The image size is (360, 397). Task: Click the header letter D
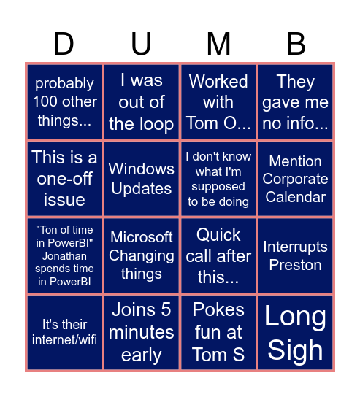(x=64, y=45)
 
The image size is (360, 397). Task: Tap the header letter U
(x=141, y=45)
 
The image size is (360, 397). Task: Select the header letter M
(x=218, y=45)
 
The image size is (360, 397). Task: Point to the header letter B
(x=296, y=45)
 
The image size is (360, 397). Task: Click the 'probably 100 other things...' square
(x=64, y=102)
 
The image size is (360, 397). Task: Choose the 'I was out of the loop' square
(x=141, y=102)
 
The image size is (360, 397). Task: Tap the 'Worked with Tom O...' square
(x=218, y=102)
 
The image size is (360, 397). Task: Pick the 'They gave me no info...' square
(x=296, y=102)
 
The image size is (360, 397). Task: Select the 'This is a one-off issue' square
(x=64, y=179)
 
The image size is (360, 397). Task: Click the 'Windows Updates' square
(x=141, y=179)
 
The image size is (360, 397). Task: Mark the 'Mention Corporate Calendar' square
(x=296, y=179)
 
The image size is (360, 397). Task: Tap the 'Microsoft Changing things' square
(x=141, y=255)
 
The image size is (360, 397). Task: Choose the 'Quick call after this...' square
(x=218, y=255)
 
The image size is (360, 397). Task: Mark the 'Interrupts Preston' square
(x=296, y=255)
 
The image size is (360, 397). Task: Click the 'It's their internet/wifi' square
(x=64, y=332)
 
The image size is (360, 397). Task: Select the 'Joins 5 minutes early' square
(x=141, y=332)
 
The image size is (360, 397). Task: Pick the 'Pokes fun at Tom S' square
(x=218, y=332)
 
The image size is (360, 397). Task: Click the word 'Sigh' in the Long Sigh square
(x=296, y=350)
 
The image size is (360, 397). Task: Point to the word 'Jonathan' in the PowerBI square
(x=64, y=256)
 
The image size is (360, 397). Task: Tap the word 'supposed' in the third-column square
(x=218, y=187)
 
